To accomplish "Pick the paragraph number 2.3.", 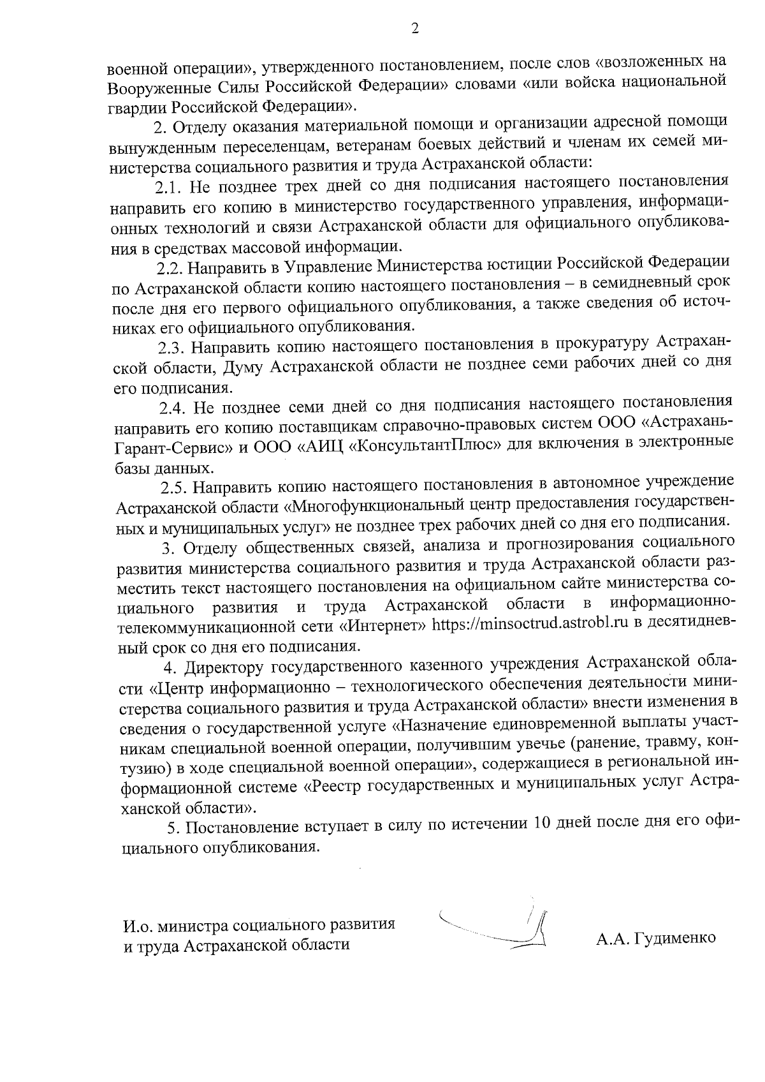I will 171,346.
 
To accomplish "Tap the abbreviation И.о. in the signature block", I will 138,924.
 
